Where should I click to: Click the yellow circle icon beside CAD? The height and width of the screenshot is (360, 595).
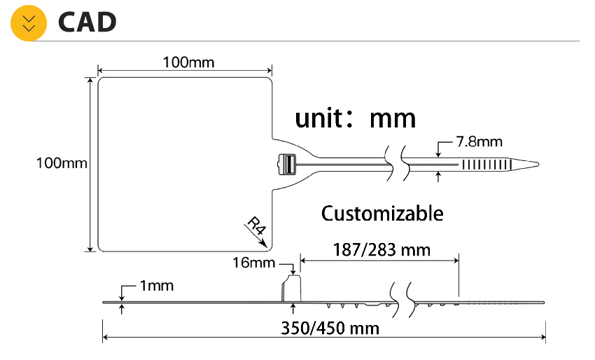pos(29,23)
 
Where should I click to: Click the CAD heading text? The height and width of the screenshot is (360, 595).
pos(87,23)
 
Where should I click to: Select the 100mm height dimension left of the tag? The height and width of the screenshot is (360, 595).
pos(62,163)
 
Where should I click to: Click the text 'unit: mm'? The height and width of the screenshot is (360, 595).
pos(356,117)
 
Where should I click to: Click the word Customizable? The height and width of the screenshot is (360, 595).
pos(382,212)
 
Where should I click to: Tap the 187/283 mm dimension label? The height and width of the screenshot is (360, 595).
pos(381,249)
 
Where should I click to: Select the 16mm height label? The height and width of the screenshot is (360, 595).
pos(254,263)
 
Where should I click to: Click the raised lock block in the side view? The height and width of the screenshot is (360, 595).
pos(291,287)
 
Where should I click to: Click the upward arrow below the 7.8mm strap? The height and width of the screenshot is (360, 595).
pos(438,177)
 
